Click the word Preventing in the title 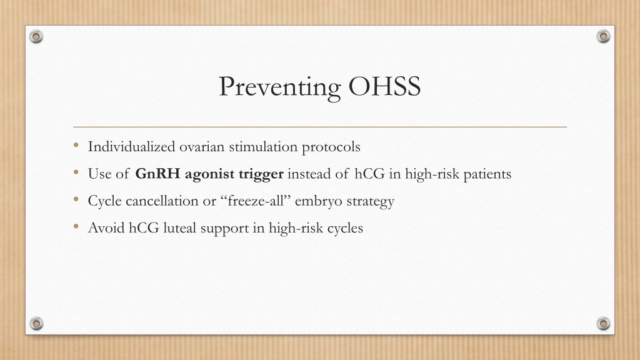(x=280, y=87)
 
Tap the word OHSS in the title (x=384, y=86)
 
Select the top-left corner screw (x=36, y=37)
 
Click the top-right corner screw (x=603, y=37)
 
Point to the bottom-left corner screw (x=36, y=324)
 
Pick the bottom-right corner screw (x=603, y=324)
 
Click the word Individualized (x=131, y=146)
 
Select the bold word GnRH (x=157, y=174)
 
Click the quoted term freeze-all (x=256, y=201)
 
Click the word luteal (x=179, y=227)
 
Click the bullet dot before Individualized (x=76, y=145)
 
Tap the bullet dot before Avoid (x=76, y=226)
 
